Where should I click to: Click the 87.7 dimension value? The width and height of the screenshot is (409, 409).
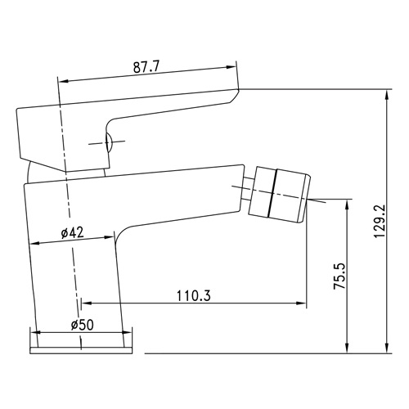pyautogui.click(x=146, y=67)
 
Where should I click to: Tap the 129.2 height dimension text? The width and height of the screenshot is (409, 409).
pyautogui.click(x=380, y=221)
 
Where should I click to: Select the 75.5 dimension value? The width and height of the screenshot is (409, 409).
pyautogui.click(x=340, y=276)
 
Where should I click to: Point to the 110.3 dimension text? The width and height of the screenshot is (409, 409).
pyautogui.click(x=194, y=295)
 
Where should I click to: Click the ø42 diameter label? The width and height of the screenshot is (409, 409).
pyautogui.click(x=72, y=232)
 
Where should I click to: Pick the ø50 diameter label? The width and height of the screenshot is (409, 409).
pyautogui.click(x=82, y=325)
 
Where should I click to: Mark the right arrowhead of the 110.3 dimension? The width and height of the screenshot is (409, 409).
pyautogui.click(x=301, y=303)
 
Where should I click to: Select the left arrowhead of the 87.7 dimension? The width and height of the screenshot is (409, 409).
pyautogui.click(x=64, y=81)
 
